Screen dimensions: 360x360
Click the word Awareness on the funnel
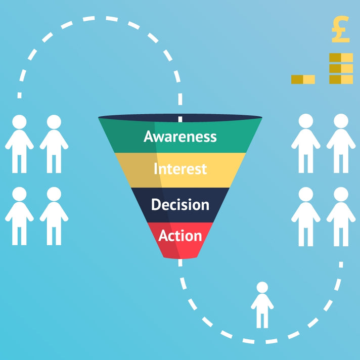coord(180,137)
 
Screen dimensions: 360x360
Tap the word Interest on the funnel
coord(180,168)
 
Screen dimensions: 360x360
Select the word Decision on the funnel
coord(180,205)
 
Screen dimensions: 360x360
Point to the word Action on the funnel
coord(180,236)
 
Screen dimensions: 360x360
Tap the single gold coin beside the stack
coord(303,79)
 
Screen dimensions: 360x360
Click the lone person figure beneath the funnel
coord(262,306)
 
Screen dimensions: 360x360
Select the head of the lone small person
coord(262,288)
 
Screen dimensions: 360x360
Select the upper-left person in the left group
coord(19,144)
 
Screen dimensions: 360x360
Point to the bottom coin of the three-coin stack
coord(341,79)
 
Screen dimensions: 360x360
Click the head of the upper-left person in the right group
coord(305,121)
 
